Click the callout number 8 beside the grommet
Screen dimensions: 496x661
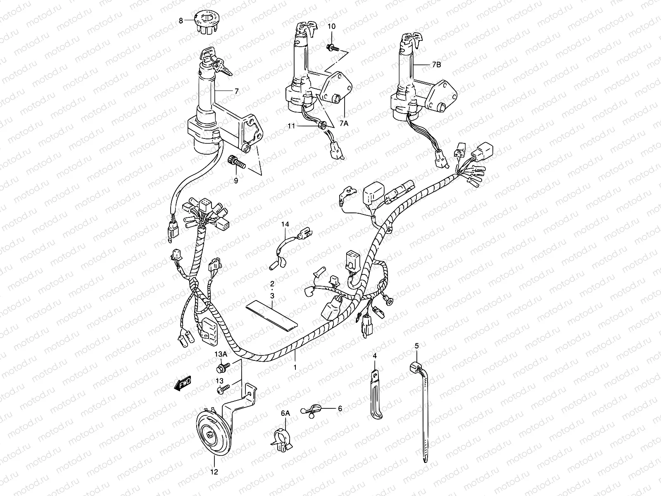(181, 20)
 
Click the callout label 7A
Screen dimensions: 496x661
(344, 124)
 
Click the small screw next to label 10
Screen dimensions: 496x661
(333, 48)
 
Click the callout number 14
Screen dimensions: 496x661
(285, 224)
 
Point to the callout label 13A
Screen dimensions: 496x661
(220, 354)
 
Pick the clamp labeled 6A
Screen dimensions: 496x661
(281, 439)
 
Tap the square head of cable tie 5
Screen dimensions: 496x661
(416, 366)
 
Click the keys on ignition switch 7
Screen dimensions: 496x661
(219, 65)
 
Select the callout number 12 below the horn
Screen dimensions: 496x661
(214, 471)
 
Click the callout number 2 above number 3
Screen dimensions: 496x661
(272, 284)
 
